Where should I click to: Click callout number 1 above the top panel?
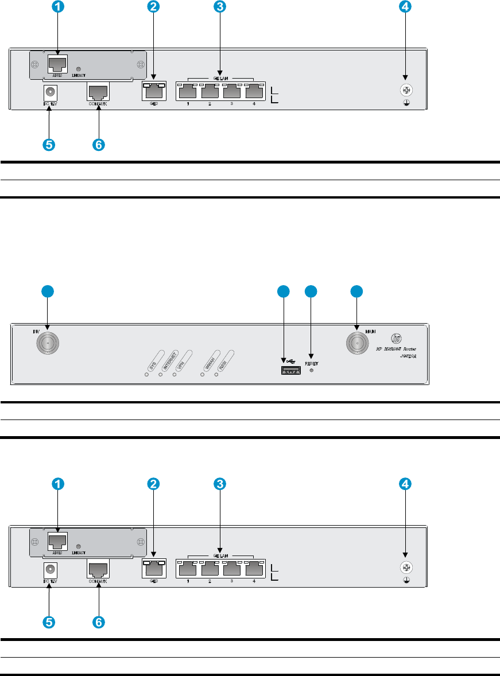coord(58,7)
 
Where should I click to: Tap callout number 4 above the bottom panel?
coord(405,484)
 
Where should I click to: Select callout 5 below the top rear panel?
coord(50,145)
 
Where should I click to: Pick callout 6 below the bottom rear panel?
coord(99,622)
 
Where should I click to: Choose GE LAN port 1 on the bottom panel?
coord(188,568)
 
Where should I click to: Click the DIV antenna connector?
coord(48,344)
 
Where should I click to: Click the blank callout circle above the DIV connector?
coord(48,292)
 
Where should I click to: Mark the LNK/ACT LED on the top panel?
coord(79,68)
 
